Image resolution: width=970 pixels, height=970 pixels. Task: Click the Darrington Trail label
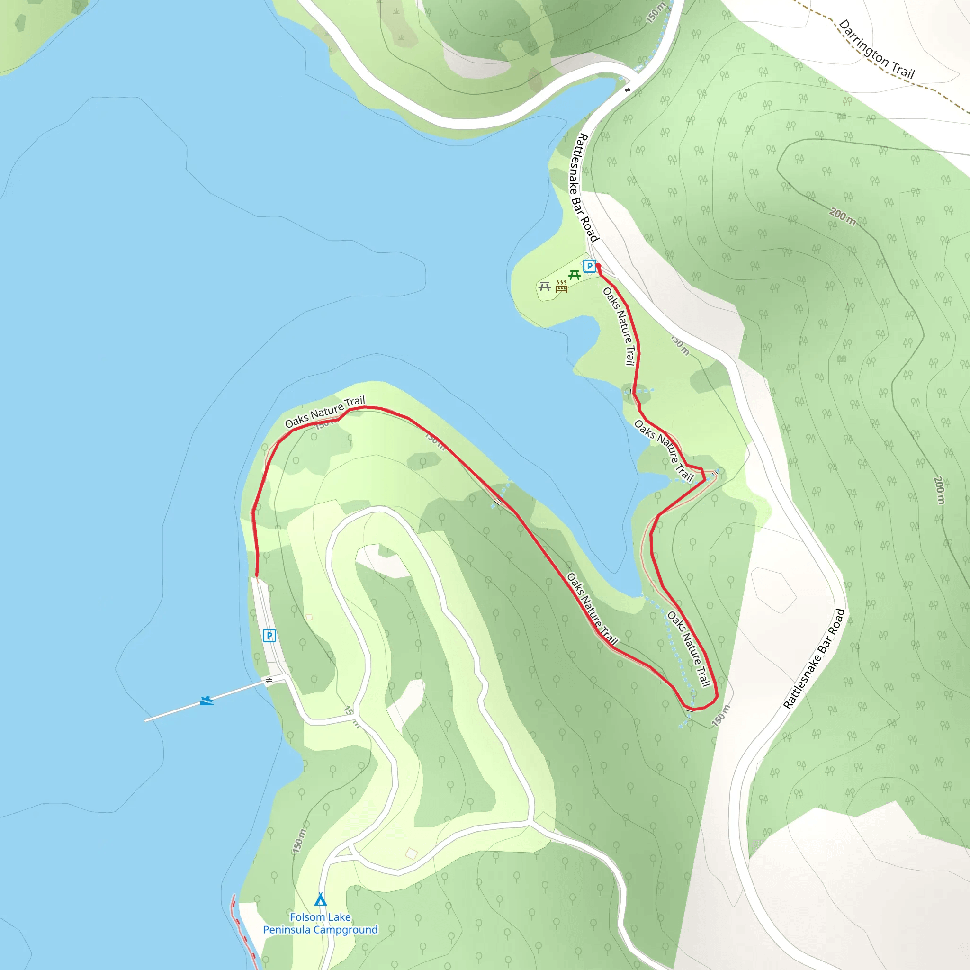pyautogui.click(x=877, y=49)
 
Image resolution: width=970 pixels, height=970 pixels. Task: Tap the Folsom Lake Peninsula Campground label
pyautogui.click(x=320, y=923)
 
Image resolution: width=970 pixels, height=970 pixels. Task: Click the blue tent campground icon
pyautogui.click(x=320, y=898)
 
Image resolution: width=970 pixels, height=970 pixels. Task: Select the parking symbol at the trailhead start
pyautogui.click(x=589, y=266)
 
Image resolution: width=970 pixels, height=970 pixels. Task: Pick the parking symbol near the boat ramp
pyautogui.click(x=269, y=636)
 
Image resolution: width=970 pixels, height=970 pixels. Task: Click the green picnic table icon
pyautogui.click(x=575, y=275)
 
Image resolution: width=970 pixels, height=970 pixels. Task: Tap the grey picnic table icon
pyautogui.click(x=545, y=287)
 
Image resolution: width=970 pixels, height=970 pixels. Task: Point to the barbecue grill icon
pyautogui.click(x=562, y=287)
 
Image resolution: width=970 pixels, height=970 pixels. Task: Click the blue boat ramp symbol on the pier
pyautogui.click(x=207, y=701)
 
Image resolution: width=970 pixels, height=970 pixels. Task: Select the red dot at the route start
pyautogui.click(x=598, y=266)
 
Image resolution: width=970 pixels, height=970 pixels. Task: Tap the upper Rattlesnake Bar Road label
pyautogui.click(x=584, y=187)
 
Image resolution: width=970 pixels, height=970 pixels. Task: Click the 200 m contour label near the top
pyautogui.click(x=843, y=216)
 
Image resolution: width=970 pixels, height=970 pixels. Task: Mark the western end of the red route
pyautogui.click(x=257, y=576)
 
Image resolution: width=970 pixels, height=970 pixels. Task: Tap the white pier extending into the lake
pyautogui.click(x=211, y=699)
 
